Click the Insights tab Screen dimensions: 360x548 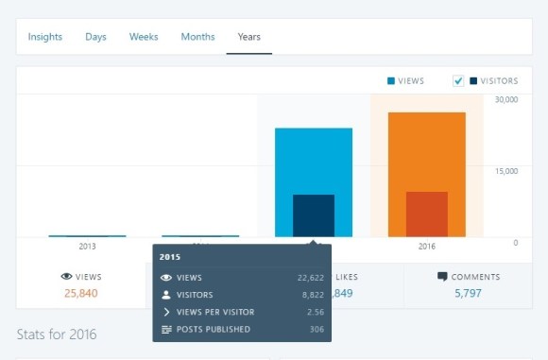pyautogui.click(x=45, y=37)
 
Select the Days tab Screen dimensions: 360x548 pyautogui.click(x=95, y=37)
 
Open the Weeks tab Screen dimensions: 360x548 pyautogui.click(x=144, y=37)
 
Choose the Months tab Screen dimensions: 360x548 pyautogui.click(x=197, y=37)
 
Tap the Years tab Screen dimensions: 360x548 pyautogui.click(x=248, y=37)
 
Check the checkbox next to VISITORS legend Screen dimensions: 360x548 pyautogui.click(x=458, y=81)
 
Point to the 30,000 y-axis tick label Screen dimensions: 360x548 pyautogui.click(x=506, y=99)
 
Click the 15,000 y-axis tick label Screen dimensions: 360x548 pyautogui.click(x=506, y=171)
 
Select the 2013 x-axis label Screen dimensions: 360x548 pyautogui.click(x=87, y=246)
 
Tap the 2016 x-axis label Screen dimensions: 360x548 pyautogui.click(x=426, y=246)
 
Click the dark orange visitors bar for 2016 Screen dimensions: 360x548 pyautogui.click(x=426, y=214)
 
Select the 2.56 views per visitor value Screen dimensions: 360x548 pyautogui.click(x=316, y=312)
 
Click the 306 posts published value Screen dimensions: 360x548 pyautogui.click(x=317, y=329)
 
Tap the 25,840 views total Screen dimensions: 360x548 pyautogui.click(x=80, y=293)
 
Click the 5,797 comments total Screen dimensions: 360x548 pyautogui.click(x=469, y=293)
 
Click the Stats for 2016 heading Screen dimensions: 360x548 pyautogui.click(x=57, y=334)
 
